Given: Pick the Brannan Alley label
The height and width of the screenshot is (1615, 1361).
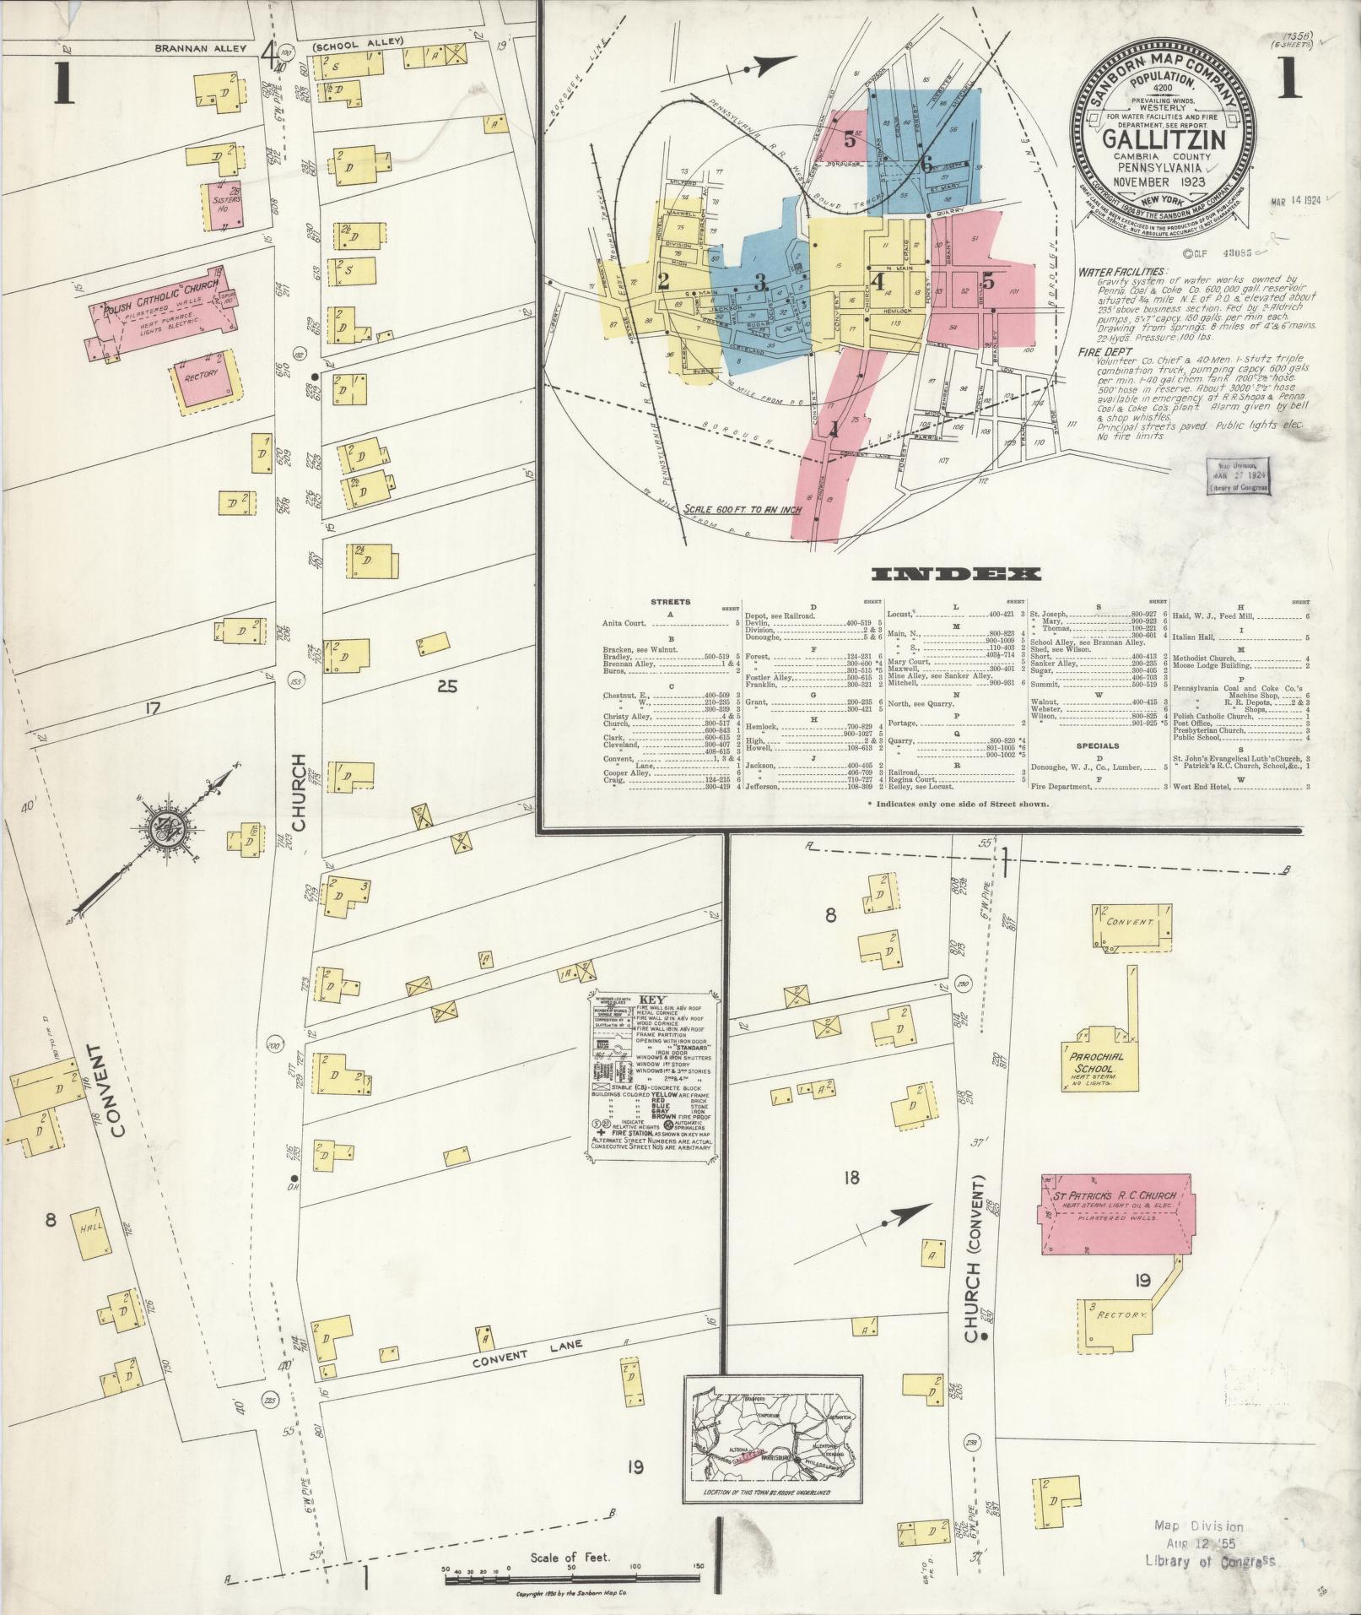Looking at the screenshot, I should click(200, 49).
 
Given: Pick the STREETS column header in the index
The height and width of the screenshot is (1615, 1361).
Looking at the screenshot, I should click(671, 602).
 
